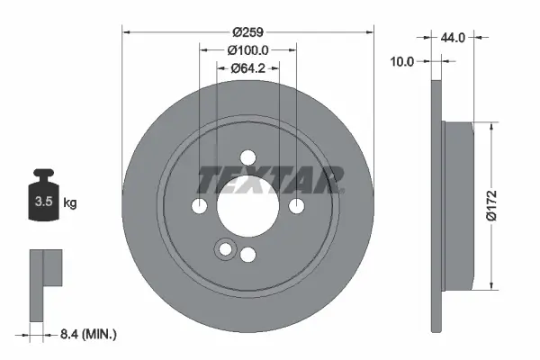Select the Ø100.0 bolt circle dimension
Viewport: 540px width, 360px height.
pos(247,49)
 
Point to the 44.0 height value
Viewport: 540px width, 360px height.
pos(453,38)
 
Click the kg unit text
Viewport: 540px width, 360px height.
pos(70,203)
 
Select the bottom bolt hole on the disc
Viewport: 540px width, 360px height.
pos(247,255)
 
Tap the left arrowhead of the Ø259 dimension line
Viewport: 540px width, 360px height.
pos(126,31)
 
